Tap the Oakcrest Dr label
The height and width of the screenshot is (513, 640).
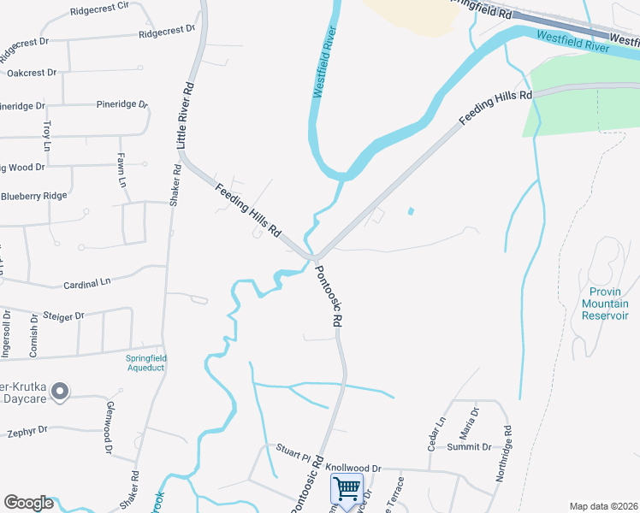tap(32, 73)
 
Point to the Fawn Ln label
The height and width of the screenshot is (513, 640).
tap(121, 171)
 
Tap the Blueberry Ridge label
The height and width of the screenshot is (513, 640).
tap(34, 196)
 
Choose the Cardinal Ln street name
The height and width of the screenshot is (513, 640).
tap(87, 282)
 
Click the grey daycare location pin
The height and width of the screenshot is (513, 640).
tap(60, 392)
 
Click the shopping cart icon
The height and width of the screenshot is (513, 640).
tap(347, 489)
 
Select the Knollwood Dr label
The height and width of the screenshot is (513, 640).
tap(353, 469)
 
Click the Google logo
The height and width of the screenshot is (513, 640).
tap(28, 503)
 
